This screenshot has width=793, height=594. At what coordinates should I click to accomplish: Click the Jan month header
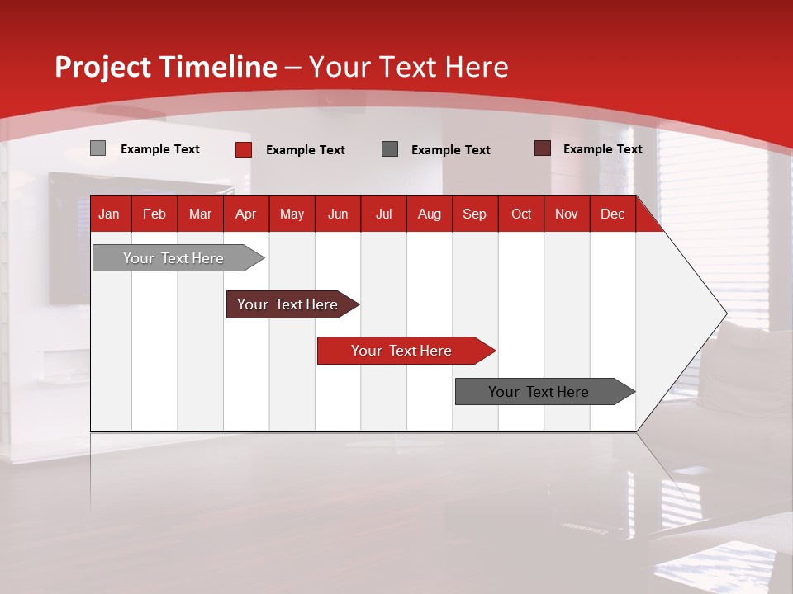109,214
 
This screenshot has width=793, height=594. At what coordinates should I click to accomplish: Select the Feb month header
154,214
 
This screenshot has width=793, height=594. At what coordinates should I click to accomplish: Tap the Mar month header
200,214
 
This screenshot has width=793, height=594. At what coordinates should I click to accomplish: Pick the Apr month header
246,214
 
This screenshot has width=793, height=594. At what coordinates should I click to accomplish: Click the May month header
292,214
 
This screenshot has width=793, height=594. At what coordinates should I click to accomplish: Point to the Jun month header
338,214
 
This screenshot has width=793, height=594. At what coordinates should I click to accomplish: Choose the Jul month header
383,214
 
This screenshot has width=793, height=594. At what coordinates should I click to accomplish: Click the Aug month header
430,214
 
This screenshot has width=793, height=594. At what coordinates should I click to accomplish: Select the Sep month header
475,214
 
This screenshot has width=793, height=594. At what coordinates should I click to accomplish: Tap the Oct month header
521,214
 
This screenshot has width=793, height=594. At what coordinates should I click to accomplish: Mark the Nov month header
567,214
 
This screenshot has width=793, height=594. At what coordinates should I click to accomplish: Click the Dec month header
613,214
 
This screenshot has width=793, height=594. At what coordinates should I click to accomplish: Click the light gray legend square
97,148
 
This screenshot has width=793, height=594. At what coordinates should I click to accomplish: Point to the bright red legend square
244,149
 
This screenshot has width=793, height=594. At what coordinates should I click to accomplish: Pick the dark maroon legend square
542,148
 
